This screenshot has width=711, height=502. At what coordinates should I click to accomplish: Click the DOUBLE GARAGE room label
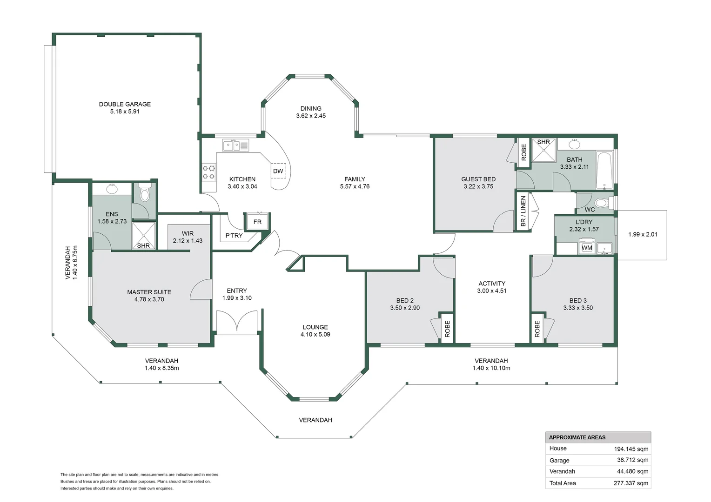pyautogui.click(x=125, y=104)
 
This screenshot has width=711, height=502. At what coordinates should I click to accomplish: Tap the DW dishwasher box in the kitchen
pyautogui.click(x=278, y=171)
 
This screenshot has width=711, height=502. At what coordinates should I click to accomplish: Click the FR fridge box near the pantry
pyautogui.click(x=257, y=221)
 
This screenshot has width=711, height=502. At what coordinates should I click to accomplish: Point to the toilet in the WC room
pyautogui.click(x=602, y=203)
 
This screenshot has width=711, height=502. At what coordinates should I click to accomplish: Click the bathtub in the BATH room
pyautogui.click(x=604, y=171)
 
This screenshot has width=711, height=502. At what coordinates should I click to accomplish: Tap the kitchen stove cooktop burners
pyautogui.click(x=209, y=172)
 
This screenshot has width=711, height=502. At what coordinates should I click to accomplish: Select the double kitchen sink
pyautogui.click(x=235, y=145)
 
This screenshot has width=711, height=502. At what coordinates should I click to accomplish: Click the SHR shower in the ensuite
pyautogui.click(x=144, y=235)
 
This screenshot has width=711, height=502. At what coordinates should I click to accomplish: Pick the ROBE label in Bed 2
pyautogui.click(x=447, y=329)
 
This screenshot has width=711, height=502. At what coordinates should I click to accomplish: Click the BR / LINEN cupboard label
pyautogui.click(x=523, y=211)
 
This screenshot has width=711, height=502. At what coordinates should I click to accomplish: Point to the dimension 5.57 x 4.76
pyautogui.click(x=355, y=186)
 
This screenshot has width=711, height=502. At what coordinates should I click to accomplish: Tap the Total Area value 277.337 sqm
pyautogui.click(x=631, y=483)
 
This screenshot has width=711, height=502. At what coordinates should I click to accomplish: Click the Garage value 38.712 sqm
pyautogui.click(x=633, y=460)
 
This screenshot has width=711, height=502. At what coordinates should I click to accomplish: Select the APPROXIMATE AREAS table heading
pyautogui.click(x=577, y=437)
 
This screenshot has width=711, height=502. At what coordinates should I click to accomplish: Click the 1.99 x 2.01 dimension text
pyautogui.click(x=643, y=234)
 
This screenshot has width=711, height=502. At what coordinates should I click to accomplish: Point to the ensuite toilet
pyautogui.click(x=145, y=192)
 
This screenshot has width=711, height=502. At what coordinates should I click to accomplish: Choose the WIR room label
pyautogui.click(x=188, y=233)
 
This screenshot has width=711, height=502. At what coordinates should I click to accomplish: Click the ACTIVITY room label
pyautogui.click(x=492, y=284)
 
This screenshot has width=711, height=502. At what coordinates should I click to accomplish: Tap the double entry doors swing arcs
pyautogui.click(x=237, y=321)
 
